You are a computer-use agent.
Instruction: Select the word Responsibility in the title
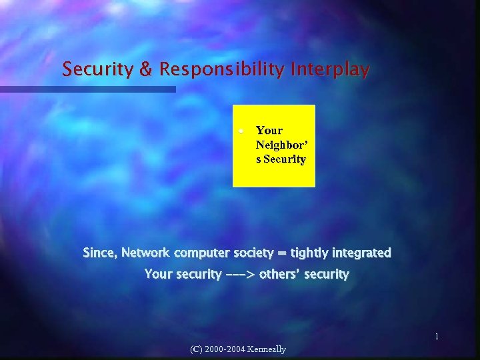[210, 70]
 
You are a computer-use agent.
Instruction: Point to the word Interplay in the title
[328, 70]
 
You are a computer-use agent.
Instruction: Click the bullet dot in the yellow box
[245, 131]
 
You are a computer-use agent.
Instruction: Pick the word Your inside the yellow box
[269, 131]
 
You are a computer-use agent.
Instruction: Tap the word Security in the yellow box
[285, 159]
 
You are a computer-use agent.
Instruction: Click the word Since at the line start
[99, 253]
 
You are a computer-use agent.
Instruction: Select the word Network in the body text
[145, 253]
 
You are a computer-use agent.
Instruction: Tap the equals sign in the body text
[283, 254]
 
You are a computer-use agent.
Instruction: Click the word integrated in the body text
[363, 253]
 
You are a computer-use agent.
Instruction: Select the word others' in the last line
[279, 274]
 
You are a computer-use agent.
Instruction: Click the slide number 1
[437, 337]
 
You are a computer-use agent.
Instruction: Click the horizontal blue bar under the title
[87, 89]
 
